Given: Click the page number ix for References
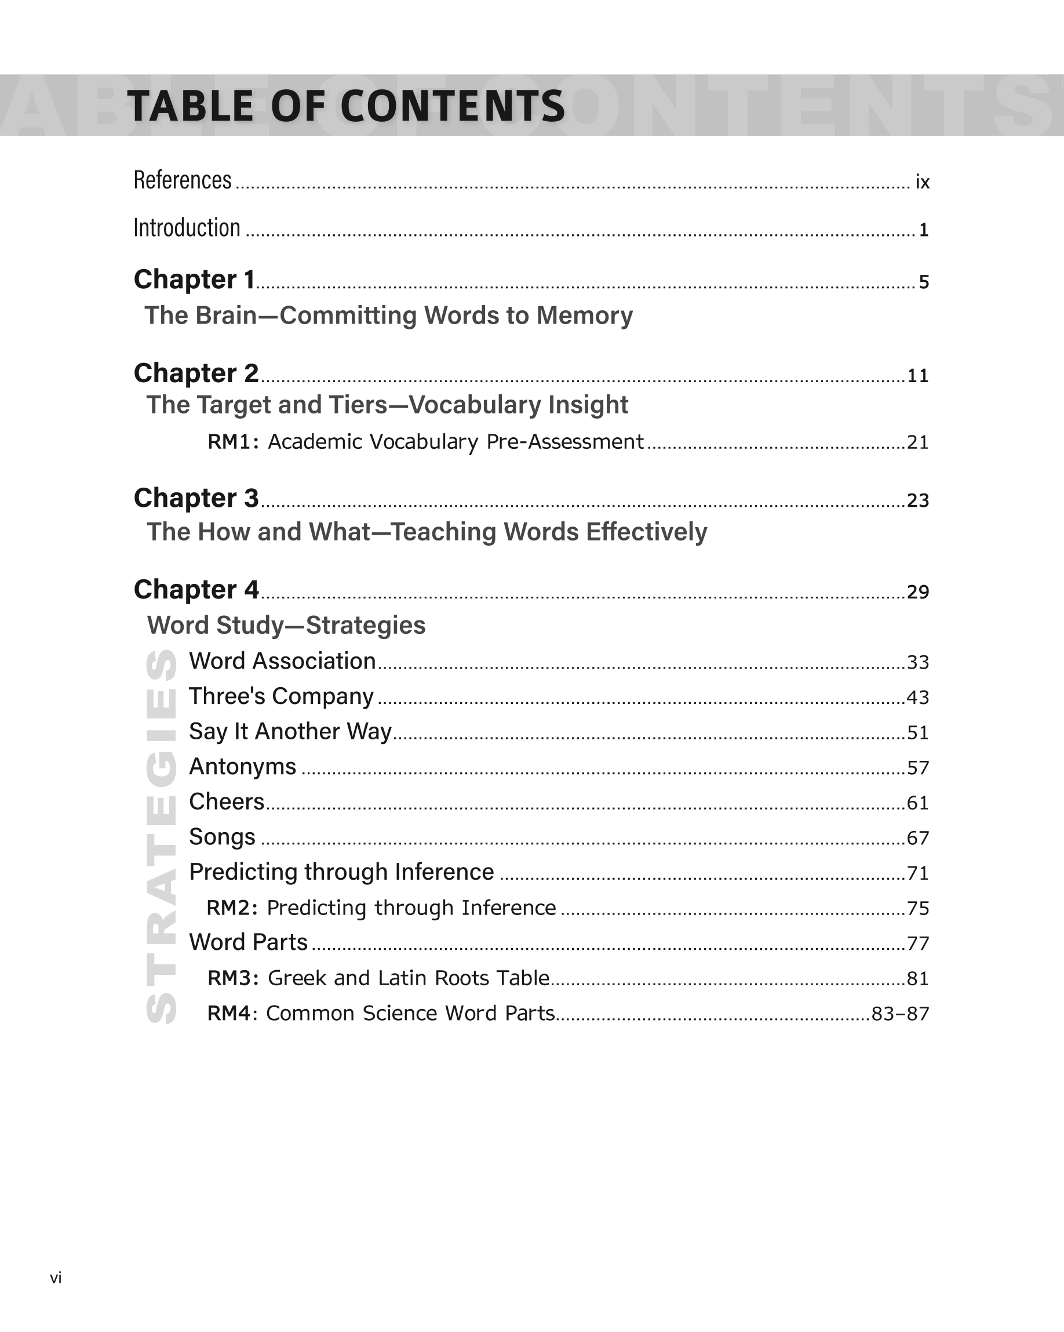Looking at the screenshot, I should point(922,182).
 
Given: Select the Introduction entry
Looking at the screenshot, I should point(187,228).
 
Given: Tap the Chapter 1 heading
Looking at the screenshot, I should point(194,280).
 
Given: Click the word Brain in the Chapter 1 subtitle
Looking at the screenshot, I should point(225,315).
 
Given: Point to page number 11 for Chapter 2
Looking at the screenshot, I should point(917,376).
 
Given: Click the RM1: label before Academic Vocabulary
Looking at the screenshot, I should point(233,442).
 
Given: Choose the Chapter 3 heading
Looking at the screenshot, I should point(196,498).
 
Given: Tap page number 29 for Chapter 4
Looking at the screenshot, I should point(917,592).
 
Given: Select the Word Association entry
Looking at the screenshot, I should point(282,661).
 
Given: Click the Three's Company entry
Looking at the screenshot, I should point(281,696).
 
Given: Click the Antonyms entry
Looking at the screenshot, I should point(243,767).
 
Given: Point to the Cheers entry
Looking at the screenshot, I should point(227,802).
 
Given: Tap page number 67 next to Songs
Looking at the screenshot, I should point(917,839).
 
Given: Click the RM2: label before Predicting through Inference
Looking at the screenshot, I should point(232,908).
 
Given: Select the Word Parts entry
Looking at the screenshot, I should point(248,942).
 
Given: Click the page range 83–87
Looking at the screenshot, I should point(900,1014).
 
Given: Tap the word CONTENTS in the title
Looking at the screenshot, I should point(452,106).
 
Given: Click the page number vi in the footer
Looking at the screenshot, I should point(56,1277).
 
